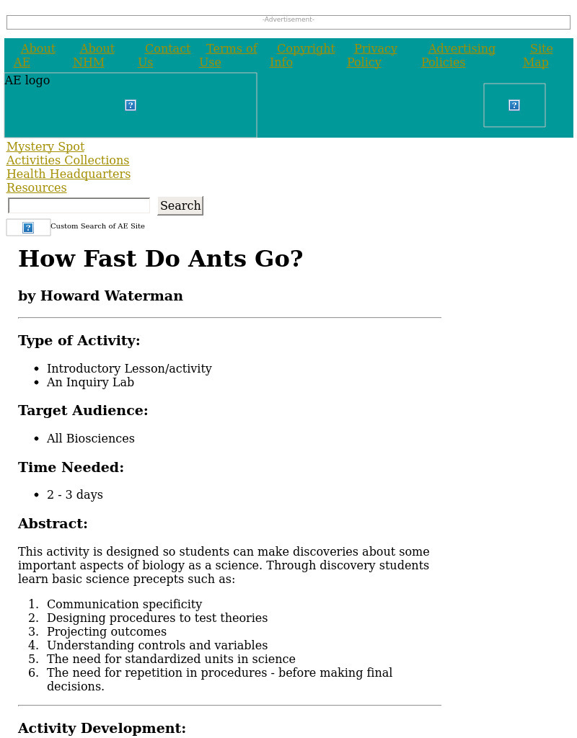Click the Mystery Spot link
45,147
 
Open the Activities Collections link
68,161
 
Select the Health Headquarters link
69,174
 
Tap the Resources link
37,188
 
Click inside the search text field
79,206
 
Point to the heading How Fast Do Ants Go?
161,259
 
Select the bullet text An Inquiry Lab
90,383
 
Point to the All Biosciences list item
91,439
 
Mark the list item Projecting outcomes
107,632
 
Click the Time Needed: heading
71,468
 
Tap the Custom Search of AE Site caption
97,226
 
